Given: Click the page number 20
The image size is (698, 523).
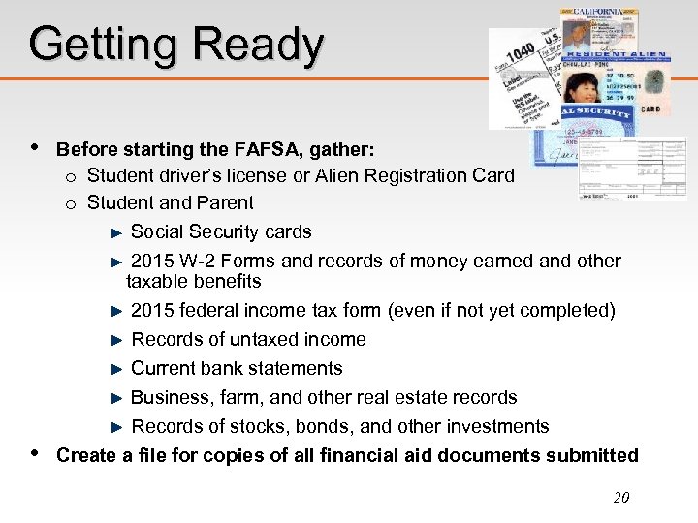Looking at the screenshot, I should (621, 498).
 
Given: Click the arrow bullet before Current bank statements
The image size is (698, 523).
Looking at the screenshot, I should (118, 369).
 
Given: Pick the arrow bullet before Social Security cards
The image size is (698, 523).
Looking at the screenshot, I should (118, 232).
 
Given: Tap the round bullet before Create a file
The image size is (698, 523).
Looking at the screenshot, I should (35, 453).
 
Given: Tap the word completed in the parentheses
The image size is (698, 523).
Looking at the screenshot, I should (566, 310).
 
